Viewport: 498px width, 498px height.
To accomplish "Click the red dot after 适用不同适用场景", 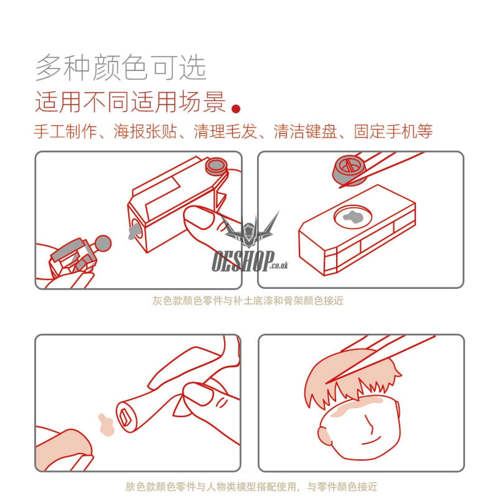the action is pyautogui.click(x=236, y=108).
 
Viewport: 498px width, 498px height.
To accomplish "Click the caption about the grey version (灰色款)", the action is pyautogui.click(x=248, y=301).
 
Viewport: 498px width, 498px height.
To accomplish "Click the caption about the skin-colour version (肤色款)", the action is pyautogui.click(x=251, y=486).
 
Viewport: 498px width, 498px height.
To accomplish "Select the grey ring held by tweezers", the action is pyautogui.click(x=349, y=170).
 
